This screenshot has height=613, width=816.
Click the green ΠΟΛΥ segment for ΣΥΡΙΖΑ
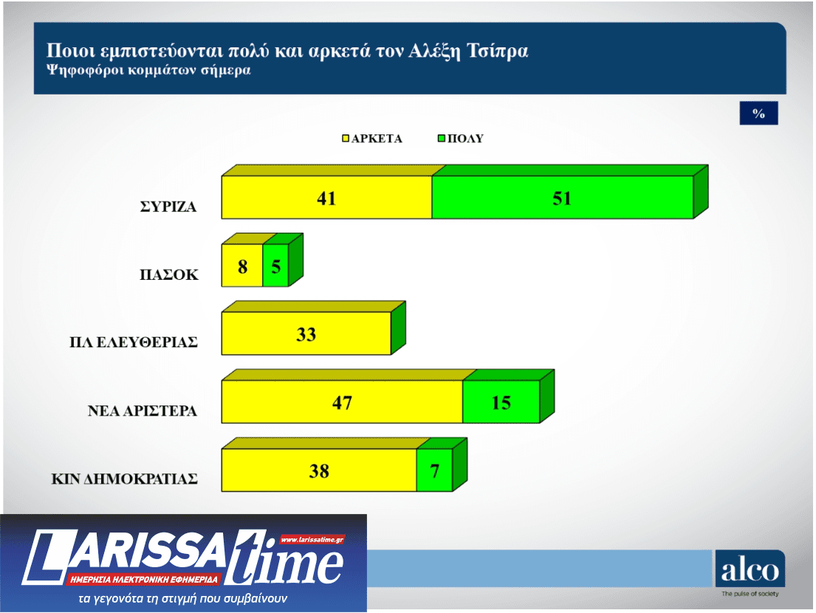(562, 198)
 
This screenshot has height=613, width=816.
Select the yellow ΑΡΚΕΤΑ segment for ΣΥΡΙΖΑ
(326, 198)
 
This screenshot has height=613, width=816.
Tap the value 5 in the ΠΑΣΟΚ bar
(275, 266)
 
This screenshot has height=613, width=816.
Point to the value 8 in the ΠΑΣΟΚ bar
(242, 266)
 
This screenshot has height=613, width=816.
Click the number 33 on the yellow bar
(306, 334)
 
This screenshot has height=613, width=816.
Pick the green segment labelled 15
(501, 403)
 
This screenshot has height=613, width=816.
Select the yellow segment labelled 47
(342, 403)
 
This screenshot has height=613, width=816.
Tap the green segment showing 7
(434, 470)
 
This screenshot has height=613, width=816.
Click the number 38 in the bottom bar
(319, 470)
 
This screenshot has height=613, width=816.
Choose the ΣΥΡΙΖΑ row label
(168, 208)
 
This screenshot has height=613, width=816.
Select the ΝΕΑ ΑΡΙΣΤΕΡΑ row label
(143, 411)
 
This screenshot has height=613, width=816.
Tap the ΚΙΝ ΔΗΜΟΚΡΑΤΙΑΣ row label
(124, 479)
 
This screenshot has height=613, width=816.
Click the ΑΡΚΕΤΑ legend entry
(372, 138)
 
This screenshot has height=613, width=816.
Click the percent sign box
(758, 113)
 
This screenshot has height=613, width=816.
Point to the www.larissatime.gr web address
(312, 540)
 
